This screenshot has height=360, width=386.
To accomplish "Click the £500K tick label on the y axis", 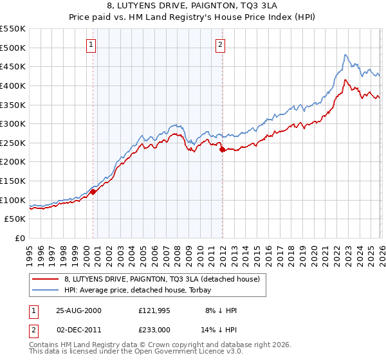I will (13, 48).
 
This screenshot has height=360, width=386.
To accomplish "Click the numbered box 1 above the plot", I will (91, 45).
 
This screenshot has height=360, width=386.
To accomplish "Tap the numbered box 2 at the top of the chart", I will (220, 45).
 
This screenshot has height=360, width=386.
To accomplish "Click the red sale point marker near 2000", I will (93, 192).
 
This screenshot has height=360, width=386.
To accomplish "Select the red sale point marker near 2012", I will (222, 149).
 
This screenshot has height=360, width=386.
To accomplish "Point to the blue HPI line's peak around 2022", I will (345, 55).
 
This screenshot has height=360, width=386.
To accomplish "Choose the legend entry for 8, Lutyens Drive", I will (161, 279).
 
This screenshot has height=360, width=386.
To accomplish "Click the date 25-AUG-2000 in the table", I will (78, 310).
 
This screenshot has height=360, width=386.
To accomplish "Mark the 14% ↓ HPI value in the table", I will (219, 329).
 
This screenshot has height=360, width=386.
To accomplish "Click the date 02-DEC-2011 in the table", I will (78, 329).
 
